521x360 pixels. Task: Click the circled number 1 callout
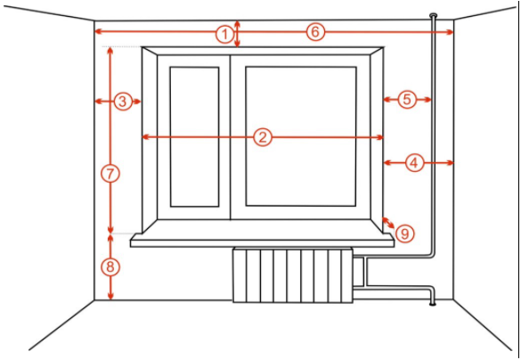[224, 34]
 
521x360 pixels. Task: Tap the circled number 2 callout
[263, 137]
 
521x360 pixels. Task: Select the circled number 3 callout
[123, 102]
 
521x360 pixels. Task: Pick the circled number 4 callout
[414, 163]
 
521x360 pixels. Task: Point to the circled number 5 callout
[407, 100]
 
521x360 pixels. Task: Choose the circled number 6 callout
[315, 32]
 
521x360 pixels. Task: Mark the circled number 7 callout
[110, 174]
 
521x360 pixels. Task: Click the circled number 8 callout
[110, 267]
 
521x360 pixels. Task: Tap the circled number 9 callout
[404, 233]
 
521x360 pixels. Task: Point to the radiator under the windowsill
[293, 275]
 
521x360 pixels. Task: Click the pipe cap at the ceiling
[434, 15]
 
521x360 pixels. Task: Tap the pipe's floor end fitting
[432, 303]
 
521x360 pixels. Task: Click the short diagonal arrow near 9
[388, 223]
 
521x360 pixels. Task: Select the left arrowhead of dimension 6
[98, 31]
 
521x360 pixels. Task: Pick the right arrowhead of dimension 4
[450, 162]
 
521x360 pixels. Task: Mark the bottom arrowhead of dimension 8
[110, 296]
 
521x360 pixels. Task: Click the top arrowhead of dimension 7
[110, 51]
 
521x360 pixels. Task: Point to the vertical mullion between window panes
[230, 137]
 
